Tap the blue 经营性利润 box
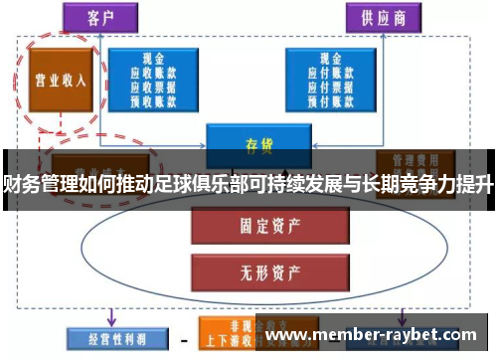pos(108,335)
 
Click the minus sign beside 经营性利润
pos(183,336)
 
